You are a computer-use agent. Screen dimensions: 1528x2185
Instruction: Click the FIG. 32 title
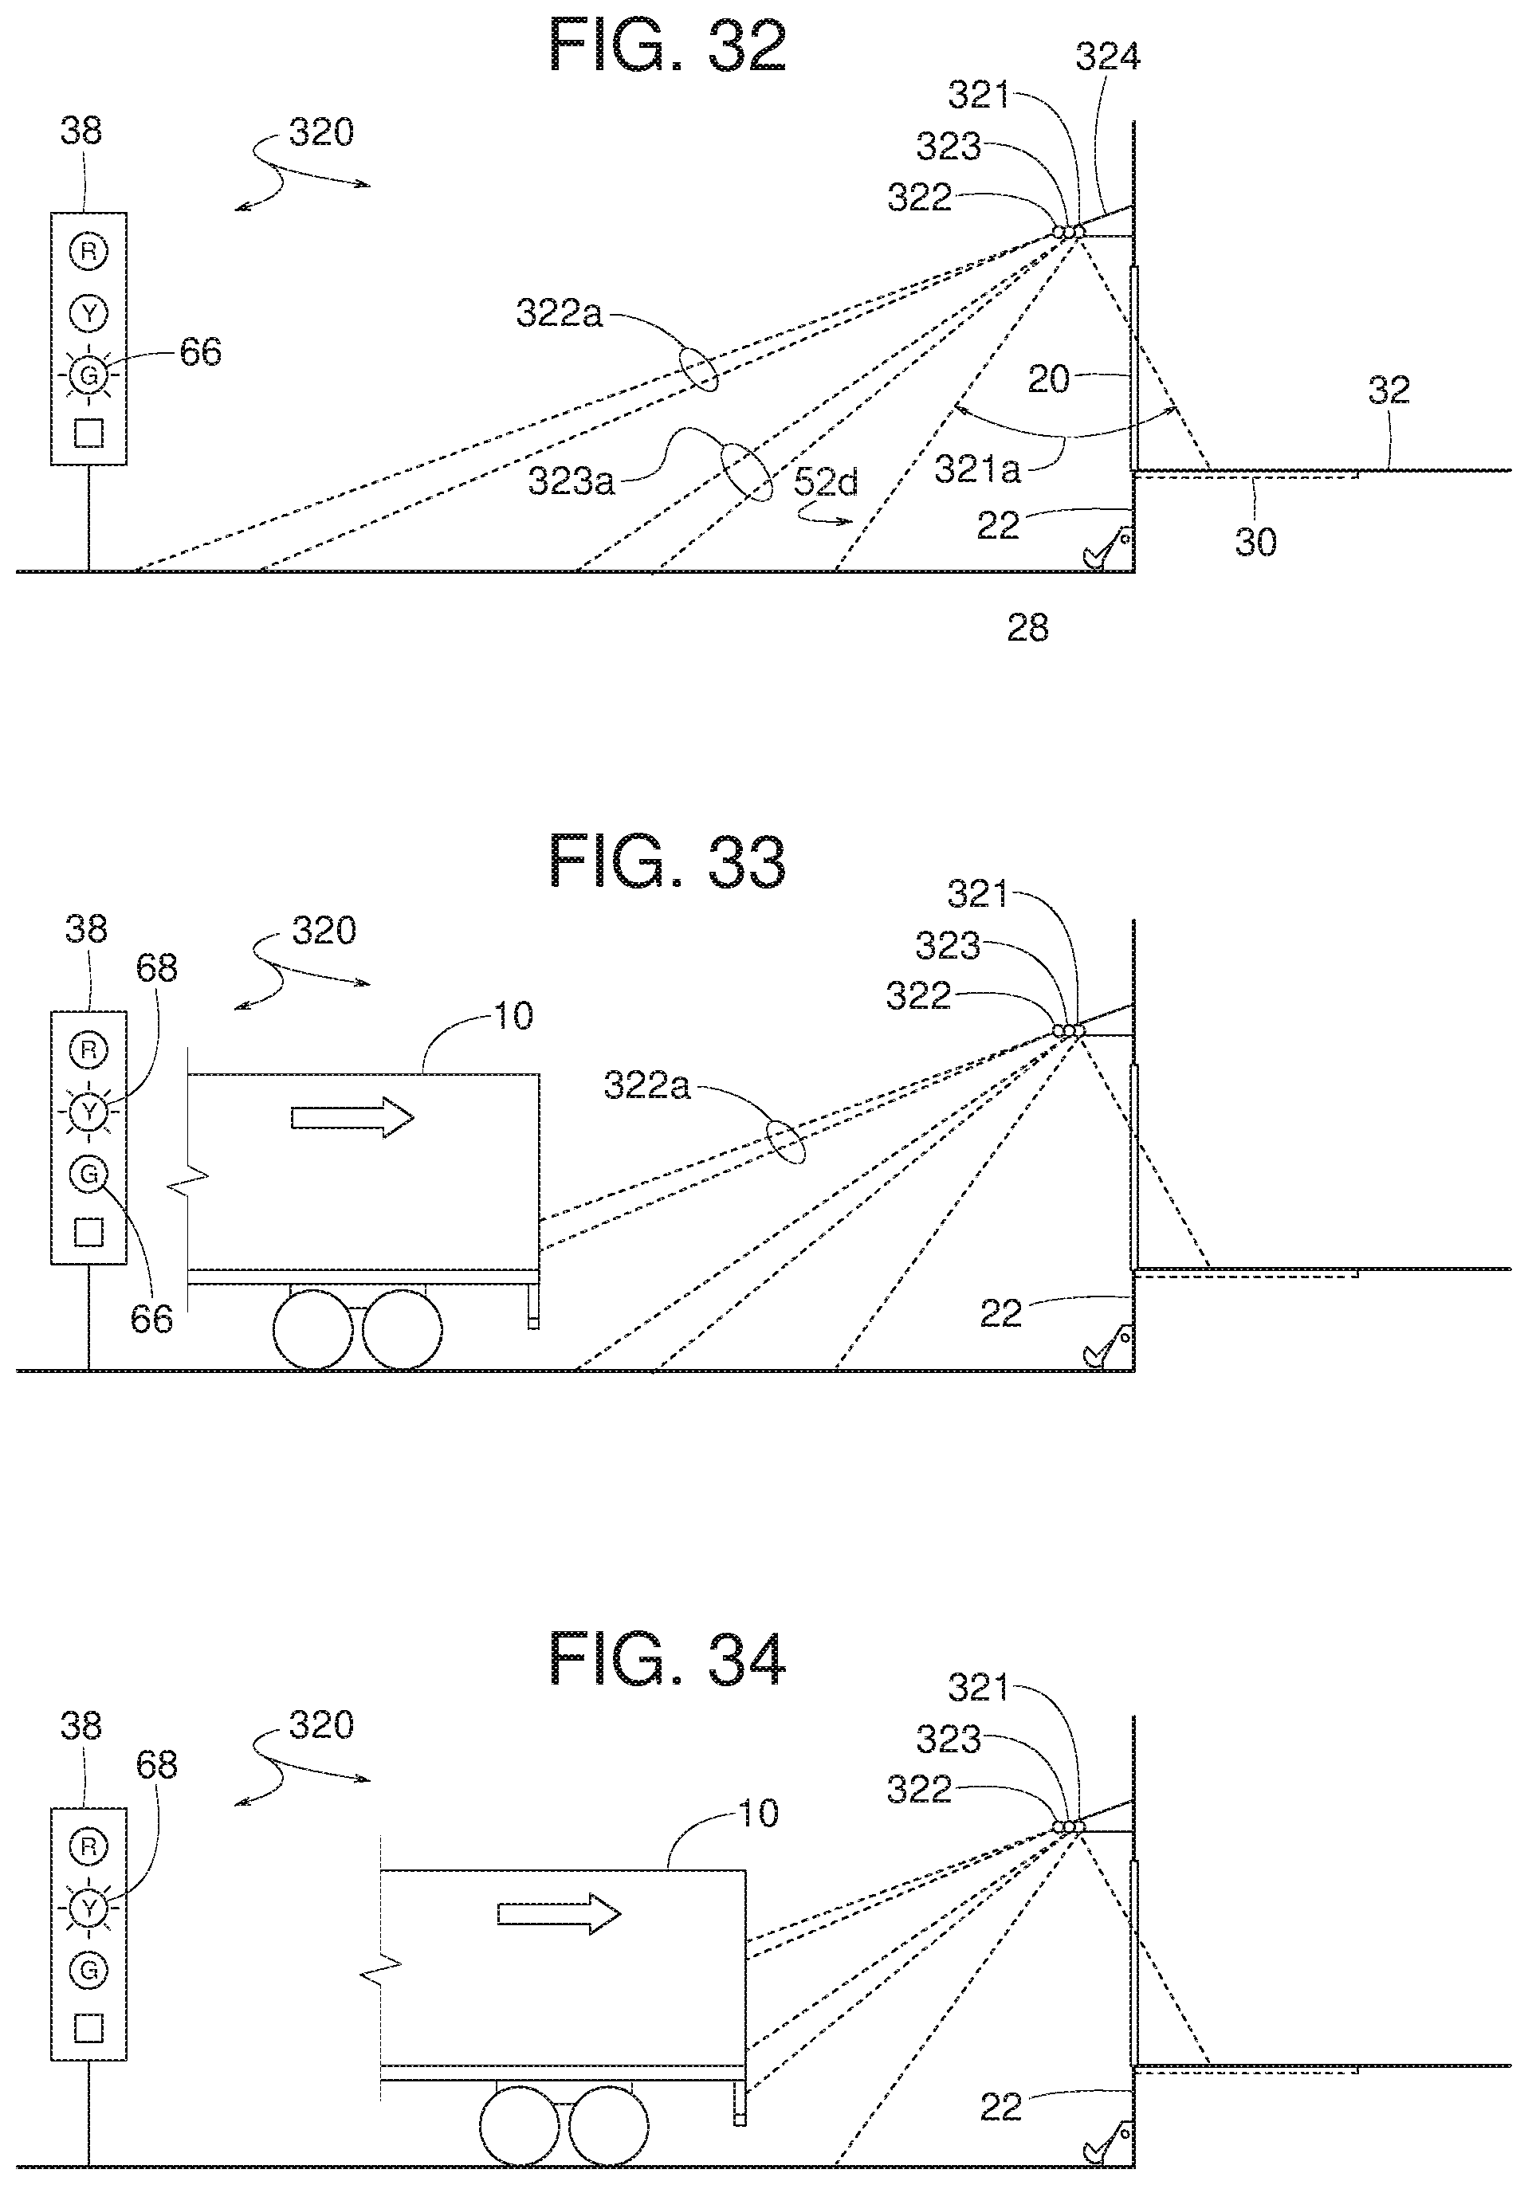(x=668, y=47)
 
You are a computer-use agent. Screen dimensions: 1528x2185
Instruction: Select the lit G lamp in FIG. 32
(x=88, y=376)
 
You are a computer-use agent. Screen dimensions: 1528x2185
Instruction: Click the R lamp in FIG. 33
(x=88, y=1049)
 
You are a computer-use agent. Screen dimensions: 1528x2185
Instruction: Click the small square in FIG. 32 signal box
(x=88, y=433)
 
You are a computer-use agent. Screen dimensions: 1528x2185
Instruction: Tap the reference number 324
(x=1108, y=57)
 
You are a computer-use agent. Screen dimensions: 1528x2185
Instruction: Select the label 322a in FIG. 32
(x=559, y=312)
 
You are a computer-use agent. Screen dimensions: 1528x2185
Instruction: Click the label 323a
(x=572, y=481)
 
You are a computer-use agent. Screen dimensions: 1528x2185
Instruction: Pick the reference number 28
(x=1027, y=628)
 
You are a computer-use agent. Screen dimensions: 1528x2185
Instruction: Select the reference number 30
(x=1255, y=542)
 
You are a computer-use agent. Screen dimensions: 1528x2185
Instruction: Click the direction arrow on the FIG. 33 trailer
(x=352, y=1116)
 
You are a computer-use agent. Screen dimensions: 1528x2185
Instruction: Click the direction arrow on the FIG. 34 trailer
(x=559, y=1914)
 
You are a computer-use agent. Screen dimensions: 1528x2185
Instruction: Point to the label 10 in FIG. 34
(x=759, y=1814)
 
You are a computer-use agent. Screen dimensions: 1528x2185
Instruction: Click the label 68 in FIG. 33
(x=156, y=968)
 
